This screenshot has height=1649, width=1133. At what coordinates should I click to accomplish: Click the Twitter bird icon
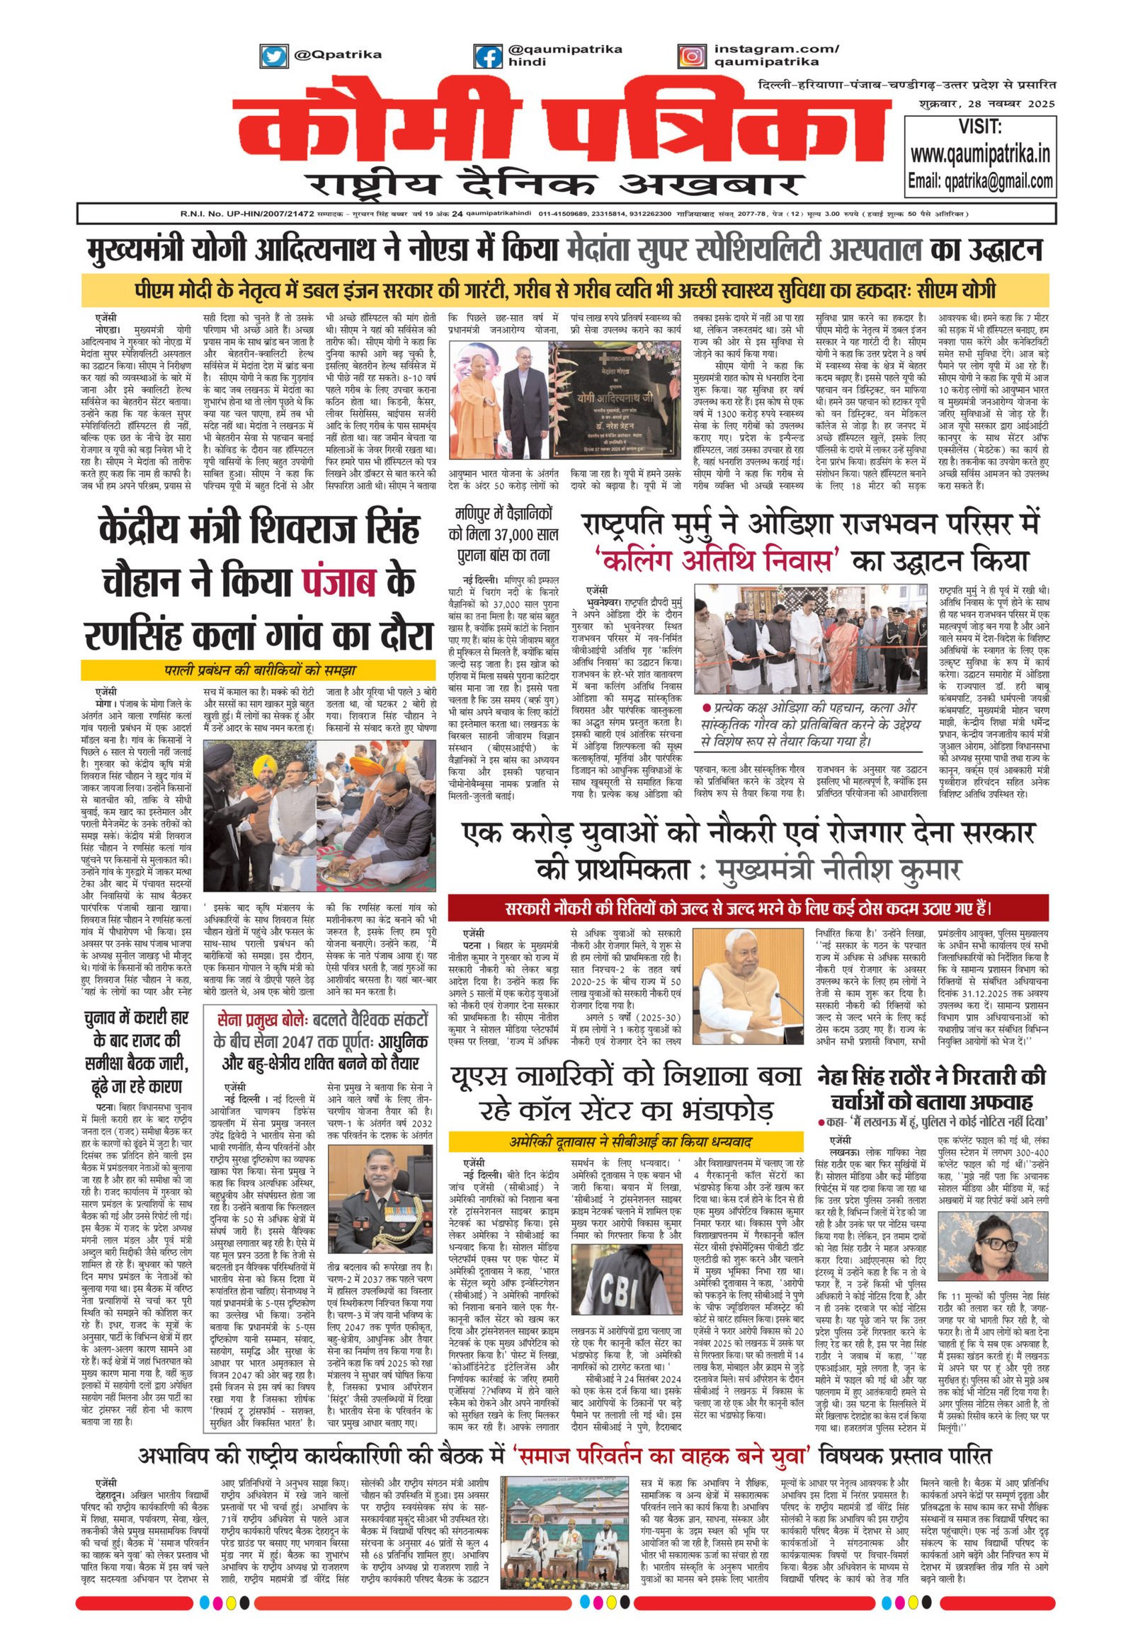pos(272,54)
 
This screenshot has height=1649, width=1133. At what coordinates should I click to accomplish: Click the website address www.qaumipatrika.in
pos(980,154)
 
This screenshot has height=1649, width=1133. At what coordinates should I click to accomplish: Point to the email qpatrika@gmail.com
pos(980,181)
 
